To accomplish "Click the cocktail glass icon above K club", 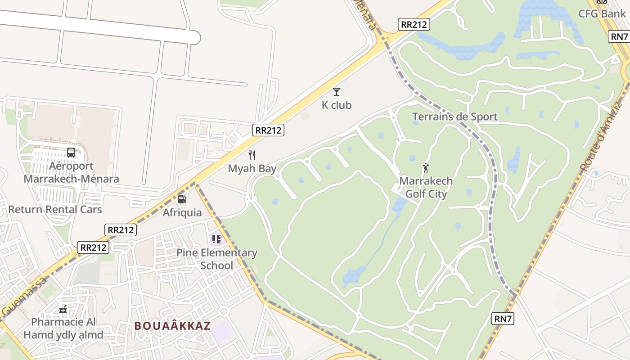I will coord(337,92).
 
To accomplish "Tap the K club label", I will coord(337,105).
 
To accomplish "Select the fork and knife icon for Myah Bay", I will coord(252,155).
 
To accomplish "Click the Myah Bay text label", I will coord(252,169).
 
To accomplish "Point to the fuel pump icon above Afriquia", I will coord(182,199).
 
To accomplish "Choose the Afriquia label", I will coord(182,212).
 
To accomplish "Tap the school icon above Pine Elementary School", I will coord(216,239).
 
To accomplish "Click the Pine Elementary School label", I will coord(217,259).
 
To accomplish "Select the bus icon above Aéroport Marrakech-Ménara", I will coord(71,152).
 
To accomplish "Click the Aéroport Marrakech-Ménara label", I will coord(71,172).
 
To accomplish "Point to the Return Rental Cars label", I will coord(55,210).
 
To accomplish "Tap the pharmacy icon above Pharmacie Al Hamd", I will coord(63,309).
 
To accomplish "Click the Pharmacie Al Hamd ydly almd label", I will coord(63,328).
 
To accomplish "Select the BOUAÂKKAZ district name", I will coord(172,326).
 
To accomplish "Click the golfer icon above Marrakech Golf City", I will coord(426,168).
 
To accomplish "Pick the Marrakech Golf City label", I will coord(426,188).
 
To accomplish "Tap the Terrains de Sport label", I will coord(455,117).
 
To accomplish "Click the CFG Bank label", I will coord(602,13).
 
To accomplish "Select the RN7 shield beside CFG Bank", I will coord(619,36).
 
